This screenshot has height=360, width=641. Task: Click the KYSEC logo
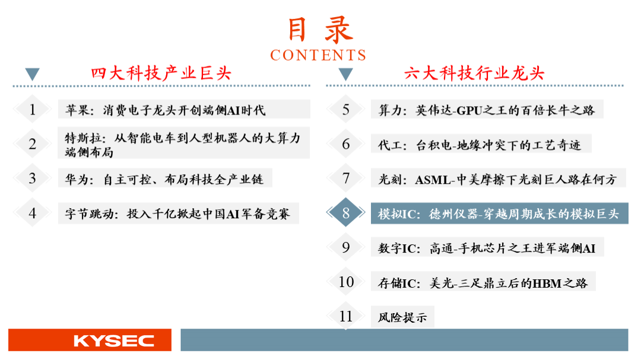click(113, 340)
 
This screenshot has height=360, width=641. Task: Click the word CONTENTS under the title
click(318, 55)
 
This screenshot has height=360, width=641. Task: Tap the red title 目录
click(320, 30)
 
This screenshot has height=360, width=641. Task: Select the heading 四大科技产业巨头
click(161, 73)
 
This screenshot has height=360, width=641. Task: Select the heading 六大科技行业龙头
click(474, 73)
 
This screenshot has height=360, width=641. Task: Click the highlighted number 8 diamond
click(346, 212)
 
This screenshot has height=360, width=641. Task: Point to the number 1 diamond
click(32, 109)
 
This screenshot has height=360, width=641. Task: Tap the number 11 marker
click(346, 316)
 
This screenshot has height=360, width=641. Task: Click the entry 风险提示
click(402, 317)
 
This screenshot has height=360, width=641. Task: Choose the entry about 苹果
click(165, 110)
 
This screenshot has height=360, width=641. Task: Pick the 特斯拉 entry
click(183, 145)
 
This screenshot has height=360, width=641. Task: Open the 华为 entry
click(164, 179)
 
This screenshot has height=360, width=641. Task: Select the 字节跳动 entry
click(177, 214)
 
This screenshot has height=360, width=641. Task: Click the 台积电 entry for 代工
click(480, 145)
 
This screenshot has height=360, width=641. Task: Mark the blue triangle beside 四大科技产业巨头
click(32, 74)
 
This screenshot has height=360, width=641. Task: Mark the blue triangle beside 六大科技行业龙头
click(346, 74)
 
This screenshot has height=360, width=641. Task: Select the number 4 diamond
click(32, 212)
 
